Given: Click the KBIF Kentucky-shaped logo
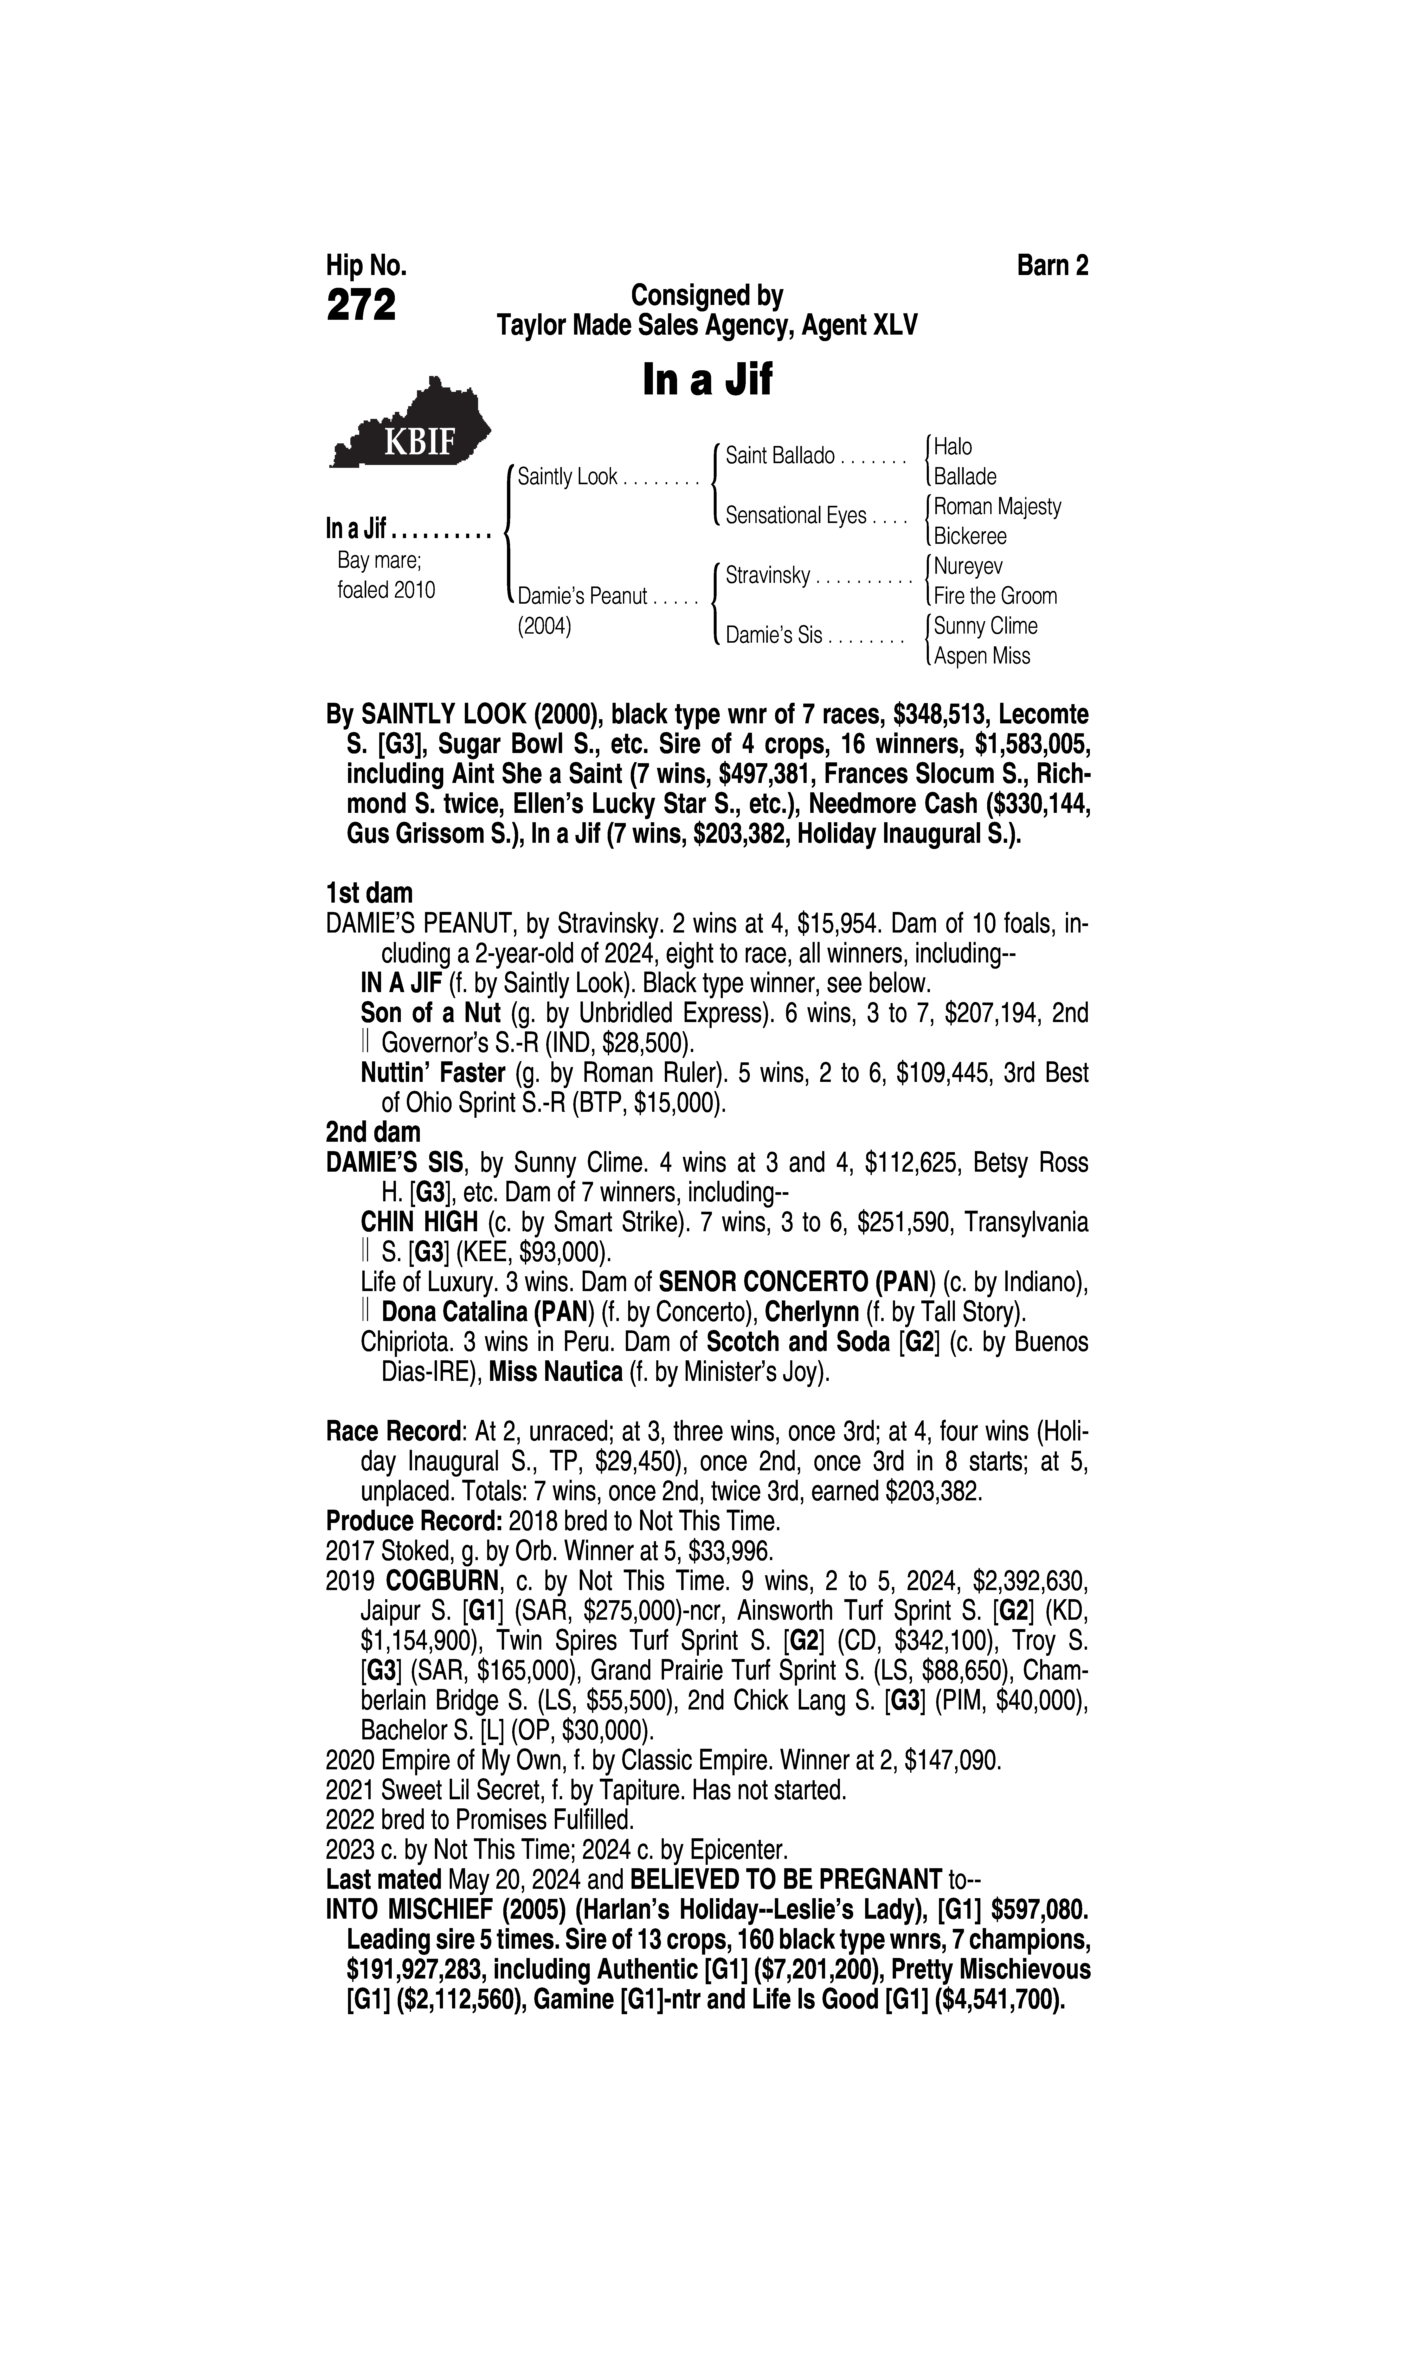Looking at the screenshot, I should (410, 426).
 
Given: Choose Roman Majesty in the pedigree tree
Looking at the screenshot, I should (996, 506).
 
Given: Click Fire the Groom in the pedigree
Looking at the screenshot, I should (994, 596).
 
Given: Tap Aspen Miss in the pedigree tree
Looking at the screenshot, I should (981, 656).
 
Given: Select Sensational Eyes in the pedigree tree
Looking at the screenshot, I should (795, 516).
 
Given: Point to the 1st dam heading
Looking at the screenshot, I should (369, 894).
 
